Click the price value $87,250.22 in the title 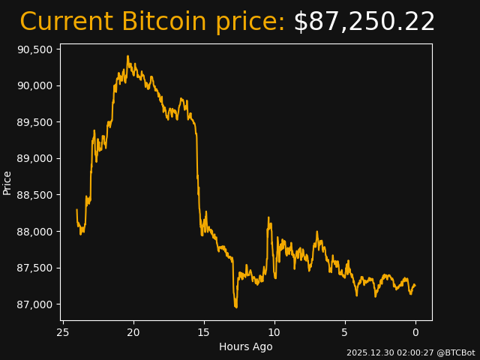[x=364, y=22]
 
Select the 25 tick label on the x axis [x=63, y=332]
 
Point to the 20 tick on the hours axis [x=133, y=332]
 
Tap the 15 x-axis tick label [x=204, y=332]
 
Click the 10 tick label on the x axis [x=274, y=332]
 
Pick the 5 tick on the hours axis [x=345, y=332]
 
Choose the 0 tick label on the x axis [x=415, y=332]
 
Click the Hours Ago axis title [x=246, y=346]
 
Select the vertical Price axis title [x=7, y=182]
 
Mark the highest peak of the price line [x=127, y=55]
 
